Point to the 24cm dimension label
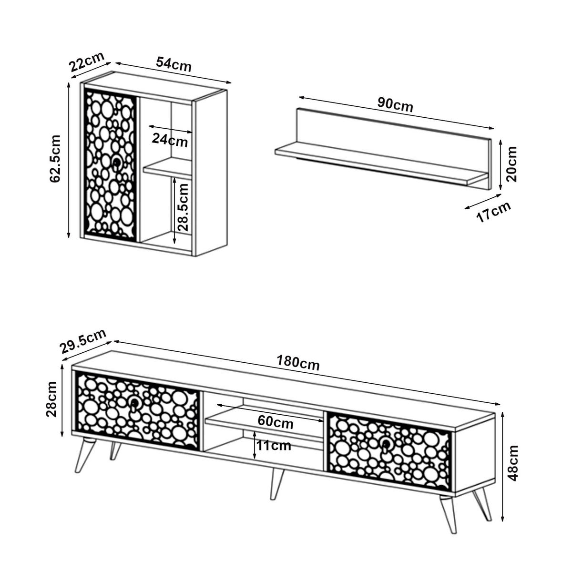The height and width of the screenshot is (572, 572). click(x=170, y=140)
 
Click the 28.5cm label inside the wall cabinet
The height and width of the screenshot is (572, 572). click(x=184, y=207)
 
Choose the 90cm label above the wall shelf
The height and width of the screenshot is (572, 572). click(x=395, y=104)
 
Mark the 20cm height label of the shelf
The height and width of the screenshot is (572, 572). click(x=511, y=163)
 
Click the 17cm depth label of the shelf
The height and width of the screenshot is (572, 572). click(x=493, y=211)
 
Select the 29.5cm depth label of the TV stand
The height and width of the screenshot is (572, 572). click(x=83, y=341)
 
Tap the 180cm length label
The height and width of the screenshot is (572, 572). click(x=298, y=363)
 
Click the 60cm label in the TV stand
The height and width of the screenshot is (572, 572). click(x=276, y=421)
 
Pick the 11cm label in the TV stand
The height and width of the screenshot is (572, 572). click(x=274, y=446)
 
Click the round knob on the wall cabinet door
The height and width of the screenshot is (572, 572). click(x=116, y=163)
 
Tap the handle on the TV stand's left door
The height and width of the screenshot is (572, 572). click(x=134, y=404)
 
